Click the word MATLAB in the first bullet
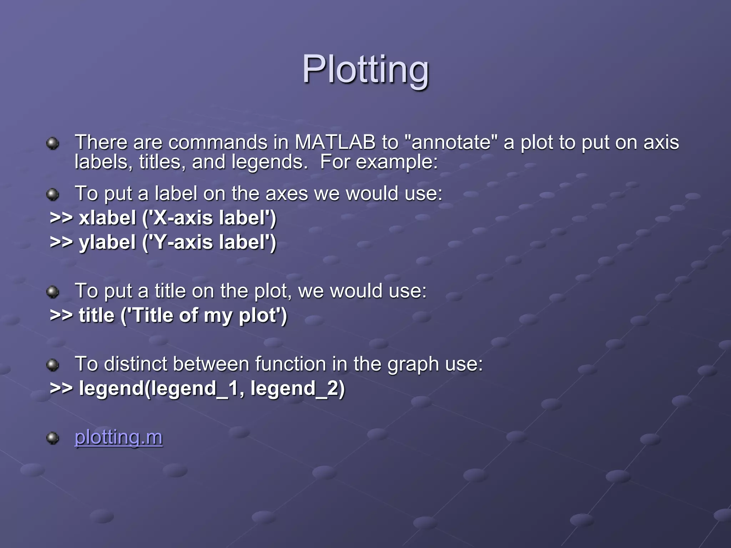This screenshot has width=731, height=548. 335,142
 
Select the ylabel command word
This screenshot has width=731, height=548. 107,242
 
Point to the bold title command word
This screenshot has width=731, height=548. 96,315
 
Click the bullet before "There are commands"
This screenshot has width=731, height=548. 53,143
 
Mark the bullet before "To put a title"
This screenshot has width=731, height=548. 53,292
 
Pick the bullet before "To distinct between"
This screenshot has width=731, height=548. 53,365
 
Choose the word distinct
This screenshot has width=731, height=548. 136,364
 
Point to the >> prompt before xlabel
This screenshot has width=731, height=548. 61,218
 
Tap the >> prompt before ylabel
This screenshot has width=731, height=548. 61,242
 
